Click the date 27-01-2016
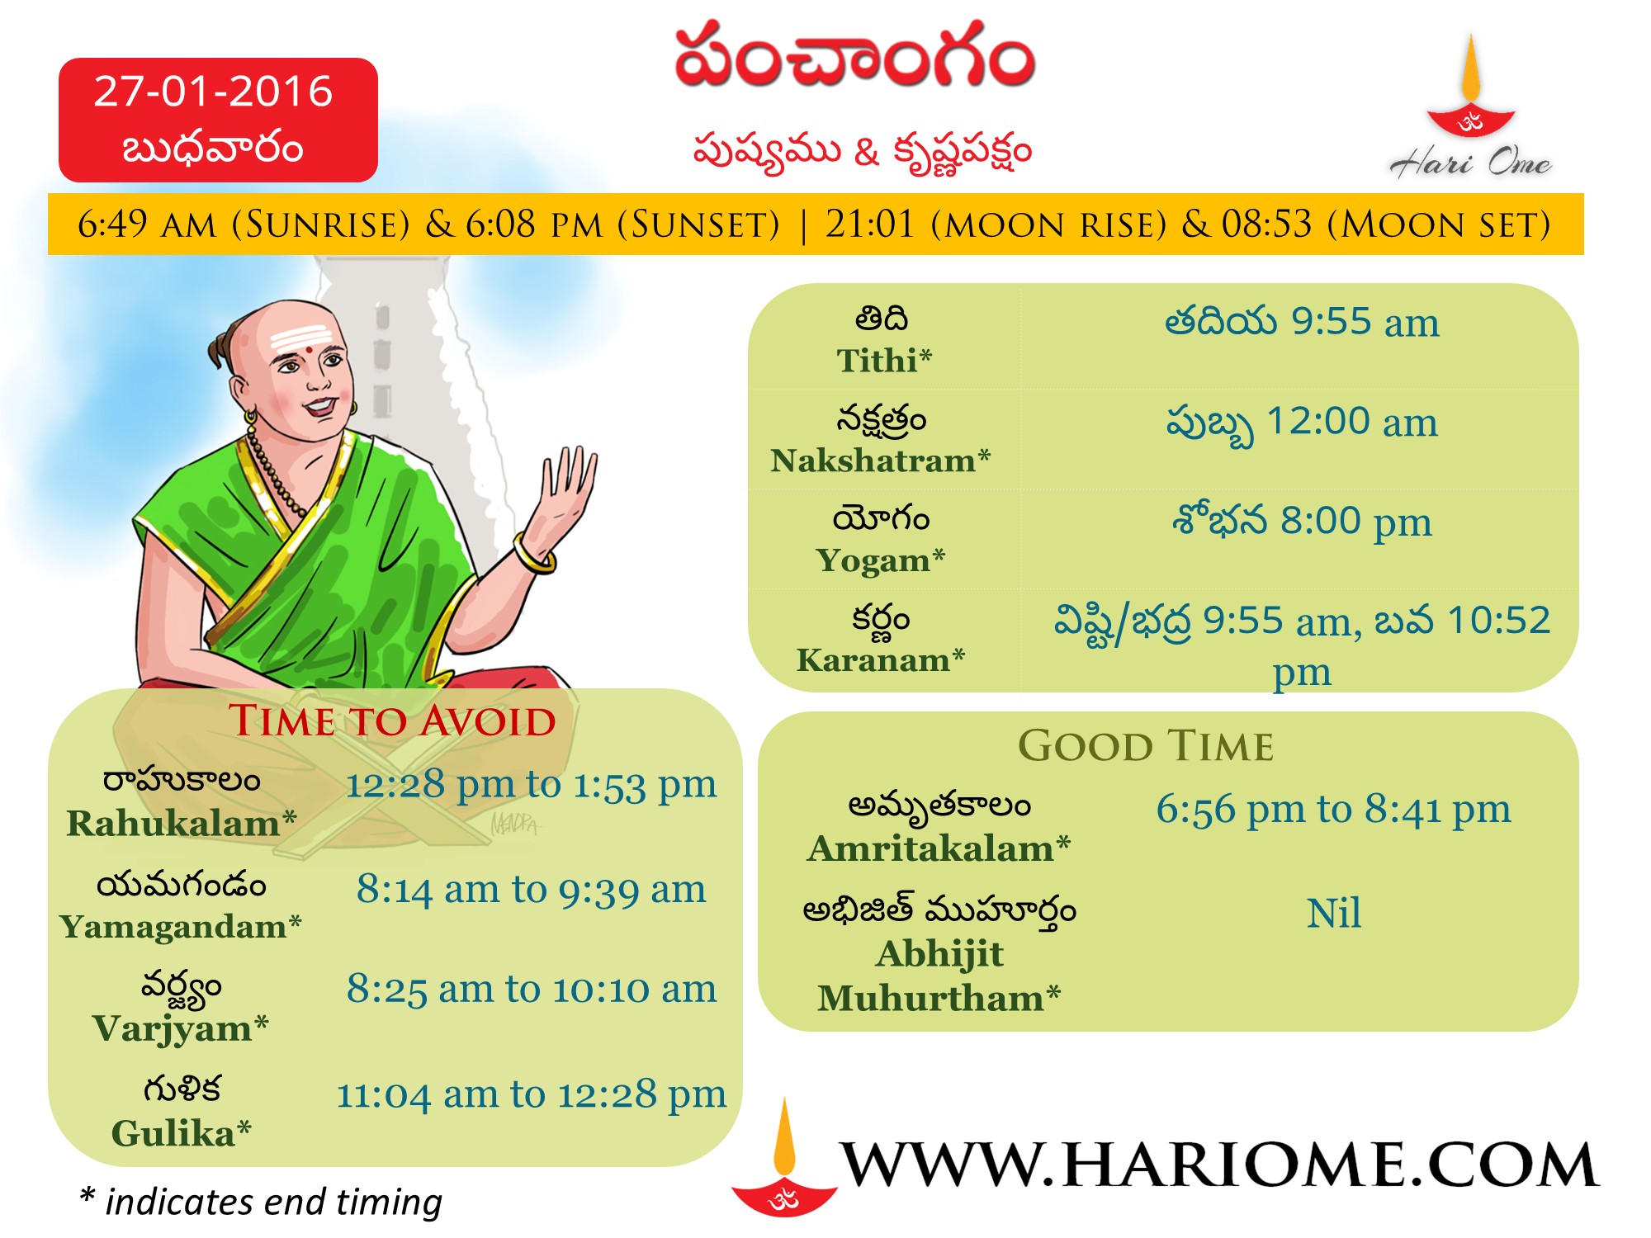click(213, 91)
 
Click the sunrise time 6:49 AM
click(146, 224)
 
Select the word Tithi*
click(883, 361)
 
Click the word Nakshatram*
click(880, 460)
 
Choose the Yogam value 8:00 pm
click(1355, 522)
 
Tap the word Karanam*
click(880, 659)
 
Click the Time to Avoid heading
click(392, 721)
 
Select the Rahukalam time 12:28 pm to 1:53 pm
click(531, 785)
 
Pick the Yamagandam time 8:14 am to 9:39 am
click(531, 890)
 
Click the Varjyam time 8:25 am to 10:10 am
click(531, 989)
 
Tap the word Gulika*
click(181, 1132)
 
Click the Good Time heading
click(1146, 746)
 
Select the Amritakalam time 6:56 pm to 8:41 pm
click(1333, 810)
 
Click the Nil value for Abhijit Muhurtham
click(1333, 914)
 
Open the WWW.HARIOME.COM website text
click(1220, 1165)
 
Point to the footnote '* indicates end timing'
click(261, 1202)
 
